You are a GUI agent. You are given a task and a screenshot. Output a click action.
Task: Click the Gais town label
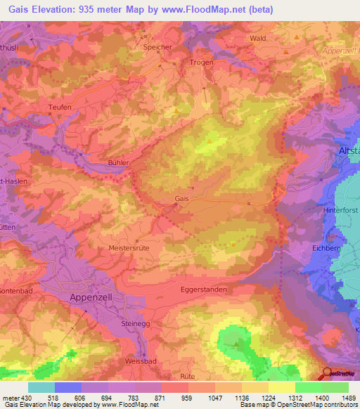181,199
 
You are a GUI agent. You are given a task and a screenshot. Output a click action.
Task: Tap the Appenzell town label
91,297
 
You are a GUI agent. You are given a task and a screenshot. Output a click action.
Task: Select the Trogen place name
201,63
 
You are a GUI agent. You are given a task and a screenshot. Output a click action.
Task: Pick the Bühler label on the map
120,162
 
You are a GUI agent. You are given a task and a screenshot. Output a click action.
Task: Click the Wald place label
258,38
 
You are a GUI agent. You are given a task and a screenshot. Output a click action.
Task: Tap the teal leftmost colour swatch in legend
41,387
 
